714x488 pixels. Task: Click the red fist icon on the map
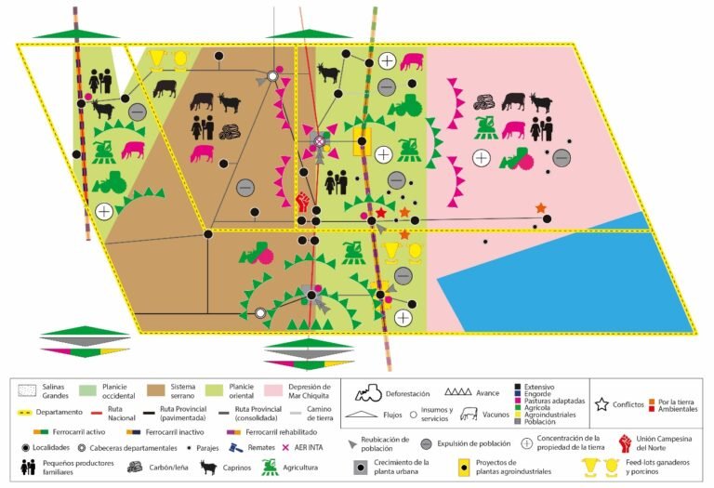coord(303,201)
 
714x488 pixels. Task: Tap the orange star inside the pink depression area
coord(540,207)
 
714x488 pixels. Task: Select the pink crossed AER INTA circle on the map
coord(319,141)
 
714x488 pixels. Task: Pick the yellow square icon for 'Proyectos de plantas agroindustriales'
coord(462,468)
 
